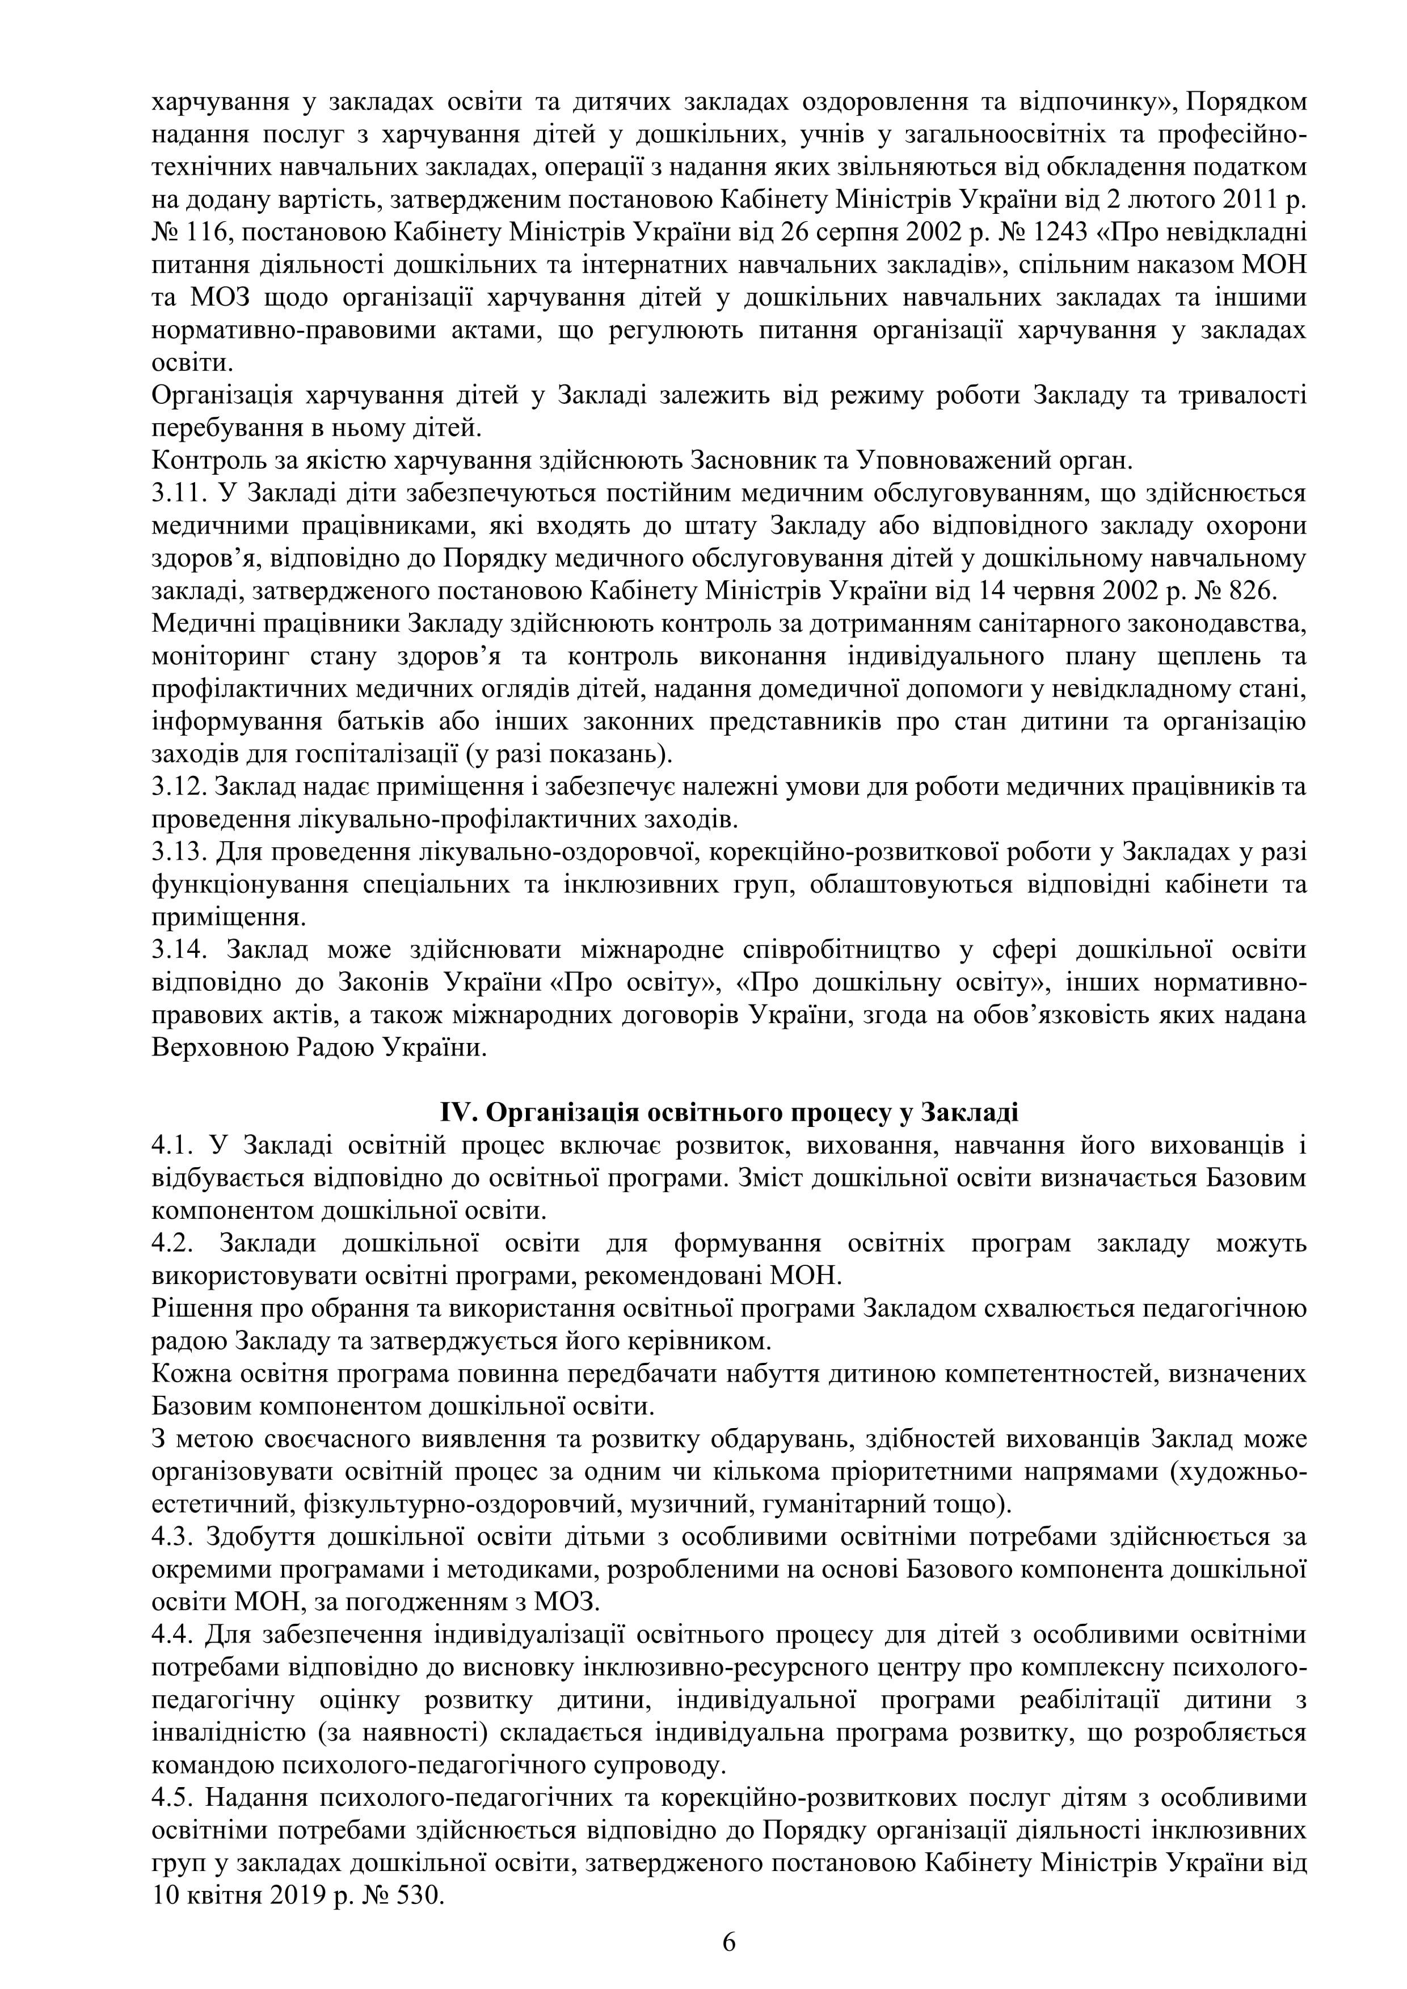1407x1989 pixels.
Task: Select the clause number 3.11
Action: click(179, 494)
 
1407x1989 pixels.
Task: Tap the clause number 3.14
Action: click(179, 951)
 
